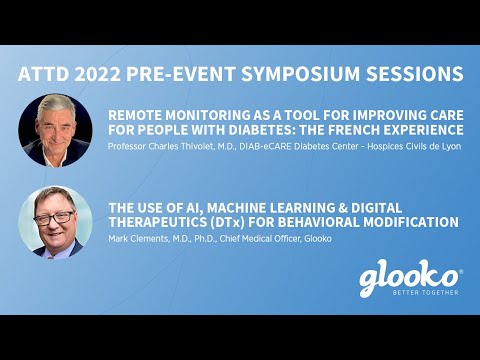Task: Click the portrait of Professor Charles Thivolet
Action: coord(56,130)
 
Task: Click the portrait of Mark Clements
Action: coord(56,222)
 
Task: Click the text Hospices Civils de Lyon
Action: coord(404,148)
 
